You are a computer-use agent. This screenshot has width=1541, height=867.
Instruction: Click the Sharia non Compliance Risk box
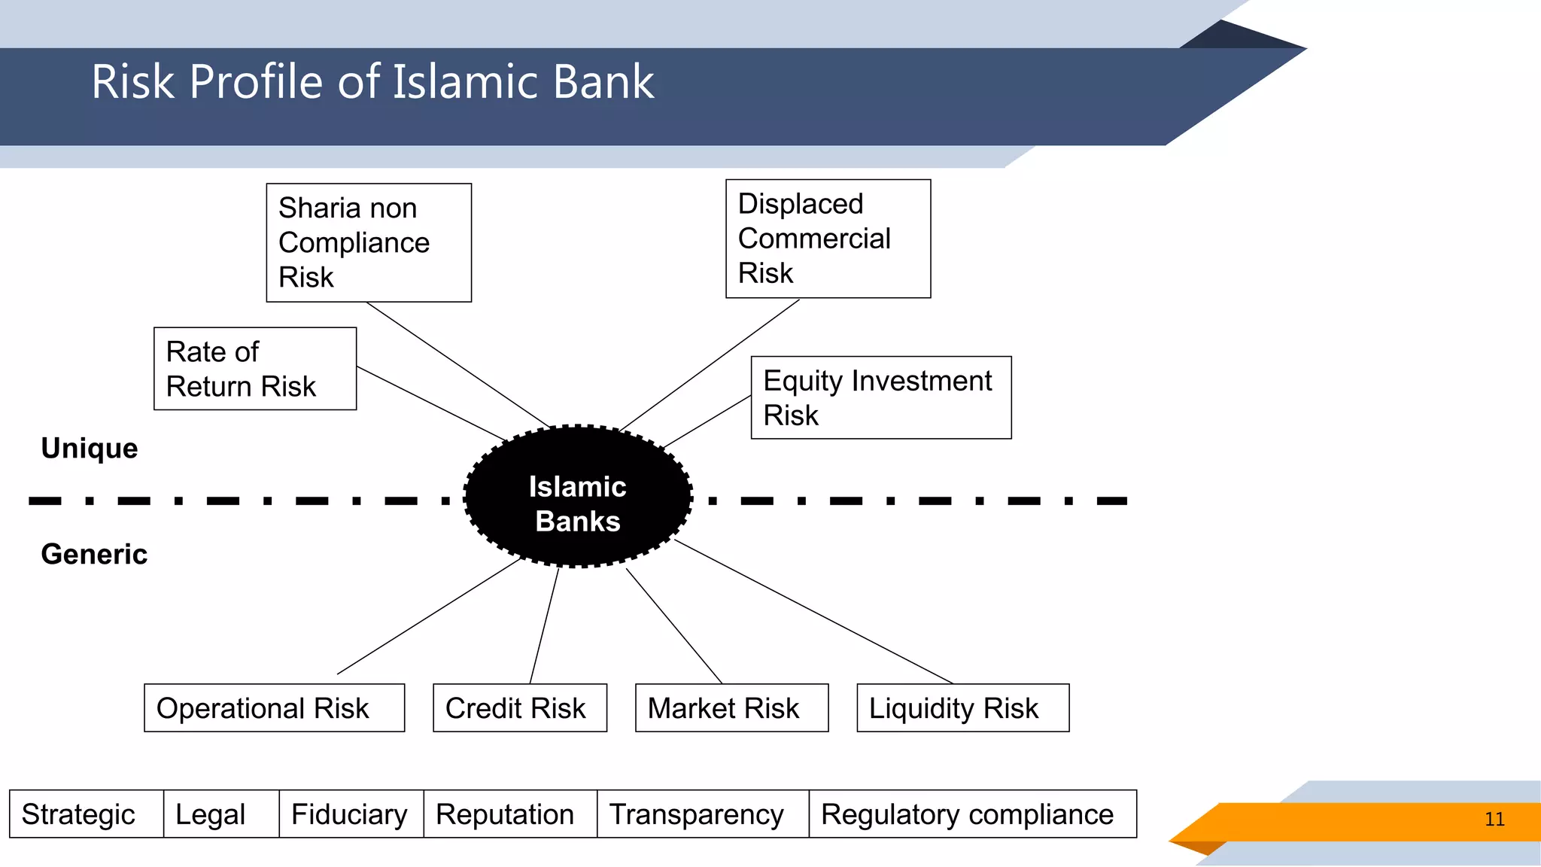[x=369, y=242]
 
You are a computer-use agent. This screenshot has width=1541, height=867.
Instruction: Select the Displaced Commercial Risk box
[x=828, y=239]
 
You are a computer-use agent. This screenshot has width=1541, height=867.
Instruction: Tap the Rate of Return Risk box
[x=255, y=369]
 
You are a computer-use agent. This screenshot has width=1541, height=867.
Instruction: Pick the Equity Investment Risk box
[x=881, y=397]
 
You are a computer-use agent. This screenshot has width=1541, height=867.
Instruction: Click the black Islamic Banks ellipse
[x=578, y=497]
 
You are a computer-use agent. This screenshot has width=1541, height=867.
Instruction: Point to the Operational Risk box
[x=274, y=707]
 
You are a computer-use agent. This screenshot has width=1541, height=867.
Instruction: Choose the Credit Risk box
[x=519, y=707]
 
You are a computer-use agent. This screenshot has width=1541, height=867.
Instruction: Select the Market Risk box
[x=731, y=707]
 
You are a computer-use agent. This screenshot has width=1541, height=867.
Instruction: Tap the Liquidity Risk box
[x=962, y=707]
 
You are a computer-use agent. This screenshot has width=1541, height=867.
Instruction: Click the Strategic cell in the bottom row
[x=86, y=814]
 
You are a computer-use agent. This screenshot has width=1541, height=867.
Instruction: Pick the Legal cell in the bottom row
[x=220, y=814]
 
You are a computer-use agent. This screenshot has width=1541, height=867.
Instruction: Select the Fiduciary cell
[x=351, y=814]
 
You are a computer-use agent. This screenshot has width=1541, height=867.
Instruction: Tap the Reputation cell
[x=509, y=814]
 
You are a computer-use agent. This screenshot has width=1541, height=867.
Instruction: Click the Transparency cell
[x=702, y=814]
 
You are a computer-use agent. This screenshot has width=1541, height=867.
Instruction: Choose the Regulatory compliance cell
[x=971, y=814]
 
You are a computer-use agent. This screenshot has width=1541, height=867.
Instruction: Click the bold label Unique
[x=90, y=448]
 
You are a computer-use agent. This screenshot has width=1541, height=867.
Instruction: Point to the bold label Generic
[x=94, y=554]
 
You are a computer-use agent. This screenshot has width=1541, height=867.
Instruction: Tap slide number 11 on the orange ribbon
[x=1494, y=819]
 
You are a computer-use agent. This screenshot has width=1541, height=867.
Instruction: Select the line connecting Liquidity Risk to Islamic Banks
[x=813, y=611]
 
